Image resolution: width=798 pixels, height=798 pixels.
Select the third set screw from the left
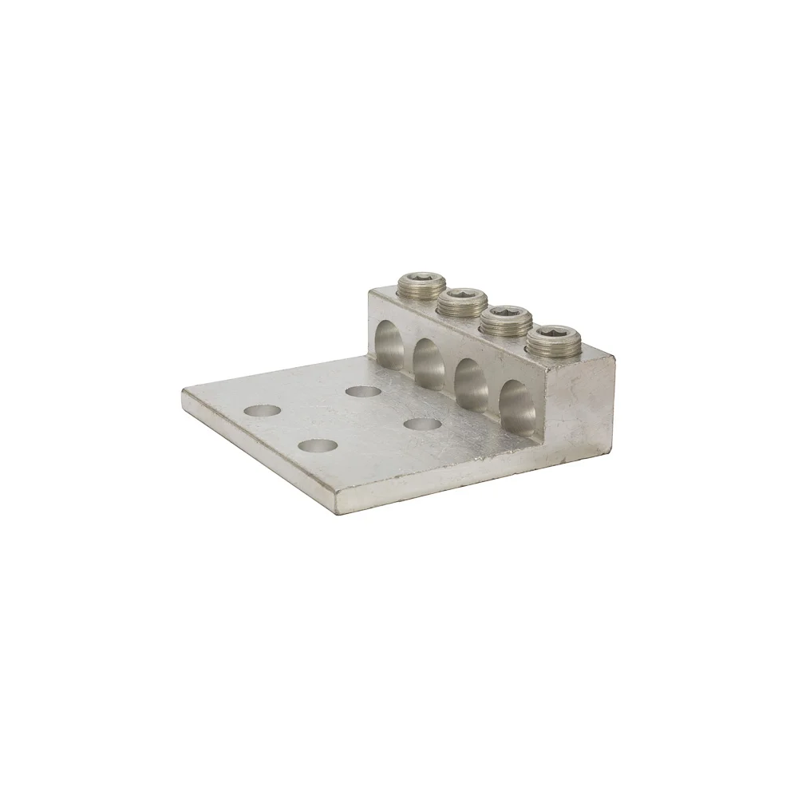[500, 322]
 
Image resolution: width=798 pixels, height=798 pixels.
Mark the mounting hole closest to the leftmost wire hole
[363, 392]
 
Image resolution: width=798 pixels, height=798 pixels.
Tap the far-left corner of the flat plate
[184, 391]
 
